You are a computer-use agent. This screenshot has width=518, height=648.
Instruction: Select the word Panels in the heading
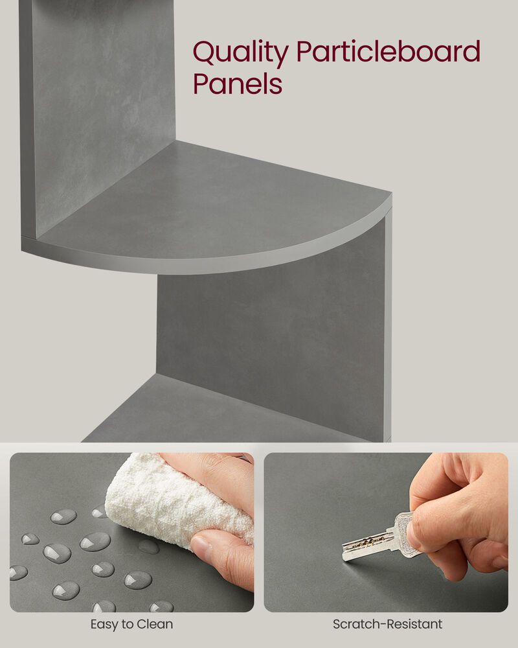[x=238, y=85]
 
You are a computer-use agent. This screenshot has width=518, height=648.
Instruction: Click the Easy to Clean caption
[x=131, y=625]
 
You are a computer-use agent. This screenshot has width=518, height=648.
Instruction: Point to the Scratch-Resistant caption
[x=387, y=625]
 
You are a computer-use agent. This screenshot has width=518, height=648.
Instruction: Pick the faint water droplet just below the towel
[x=149, y=547]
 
